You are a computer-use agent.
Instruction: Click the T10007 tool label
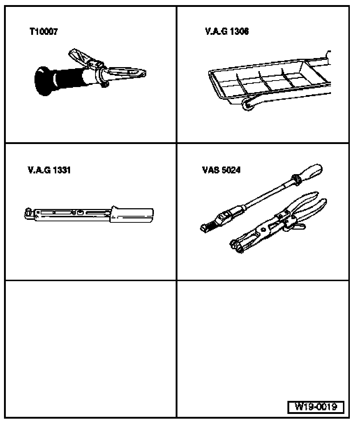click(x=44, y=32)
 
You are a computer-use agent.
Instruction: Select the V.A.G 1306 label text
click(x=227, y=32)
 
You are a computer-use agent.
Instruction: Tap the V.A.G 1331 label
click(x=49, y=170)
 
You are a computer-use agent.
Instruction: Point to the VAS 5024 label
click(x=221, y=170)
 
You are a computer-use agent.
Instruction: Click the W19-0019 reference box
click(x=316, y=406)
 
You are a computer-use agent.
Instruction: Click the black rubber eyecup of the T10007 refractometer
click(x=43, y=81)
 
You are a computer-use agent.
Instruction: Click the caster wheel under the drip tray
click(x=247, y=104)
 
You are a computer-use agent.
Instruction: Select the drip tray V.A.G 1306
click(x=270, y=81)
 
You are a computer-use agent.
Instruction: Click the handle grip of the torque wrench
click(x=132, y=215)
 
